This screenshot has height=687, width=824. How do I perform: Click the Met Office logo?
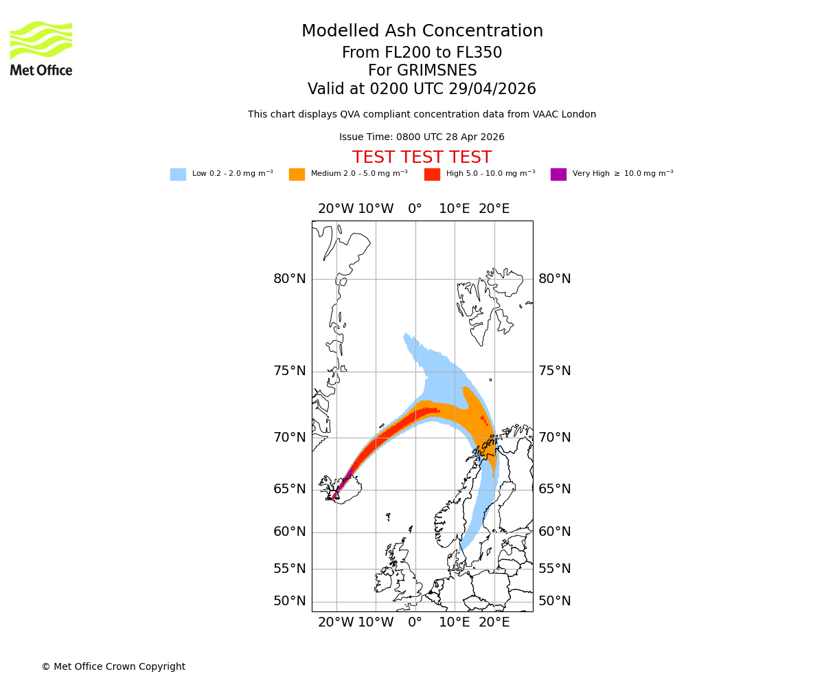click(x=41, y=48)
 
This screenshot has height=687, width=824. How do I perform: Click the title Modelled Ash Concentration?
click(x=422, y=32)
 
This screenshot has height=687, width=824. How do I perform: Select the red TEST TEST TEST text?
click(x=422, y=157)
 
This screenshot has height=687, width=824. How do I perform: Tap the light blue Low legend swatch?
click(x=178, y=174)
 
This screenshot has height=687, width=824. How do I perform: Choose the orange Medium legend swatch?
click(x=297, y=174)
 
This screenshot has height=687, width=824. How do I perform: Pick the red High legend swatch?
click(x=432, y=174)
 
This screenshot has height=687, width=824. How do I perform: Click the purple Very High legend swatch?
click(x=558, y=174)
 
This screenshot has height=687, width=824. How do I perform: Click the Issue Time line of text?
click(x=422, y=137)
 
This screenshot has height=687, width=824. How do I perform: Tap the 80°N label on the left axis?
click(x=289, y=279)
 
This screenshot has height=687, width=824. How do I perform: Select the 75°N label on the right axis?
click(x=554, y=371)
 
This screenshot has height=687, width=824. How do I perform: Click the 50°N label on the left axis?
click(x=289, y=601)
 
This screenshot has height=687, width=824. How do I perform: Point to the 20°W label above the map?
click(x=336, y=209)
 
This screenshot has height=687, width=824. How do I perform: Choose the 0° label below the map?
click(x=415, y=622)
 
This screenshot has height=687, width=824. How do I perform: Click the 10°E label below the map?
click(x=454, y=622)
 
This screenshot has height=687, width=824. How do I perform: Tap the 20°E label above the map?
click(x=494, y=209)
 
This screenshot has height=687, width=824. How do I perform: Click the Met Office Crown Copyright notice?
click(x=113, y=666)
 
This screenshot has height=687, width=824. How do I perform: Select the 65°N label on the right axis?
click(x=554, y=489)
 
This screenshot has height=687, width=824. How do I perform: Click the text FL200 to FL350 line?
click(x=422, y=53)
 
